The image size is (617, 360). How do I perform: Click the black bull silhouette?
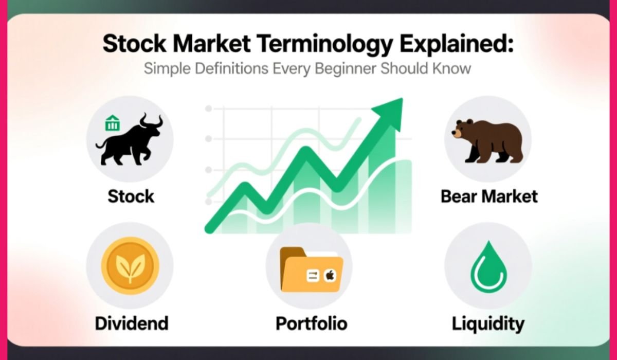130,141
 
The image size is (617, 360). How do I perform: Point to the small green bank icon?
112,123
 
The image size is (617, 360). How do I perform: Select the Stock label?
131,196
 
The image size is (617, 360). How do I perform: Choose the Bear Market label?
489,196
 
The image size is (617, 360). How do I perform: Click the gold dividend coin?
130,265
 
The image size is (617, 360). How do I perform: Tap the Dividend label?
132,323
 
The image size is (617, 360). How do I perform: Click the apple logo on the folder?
329,276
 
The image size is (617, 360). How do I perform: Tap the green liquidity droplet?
488,267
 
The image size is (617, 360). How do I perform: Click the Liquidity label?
488,323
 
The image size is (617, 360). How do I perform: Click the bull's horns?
152,121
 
